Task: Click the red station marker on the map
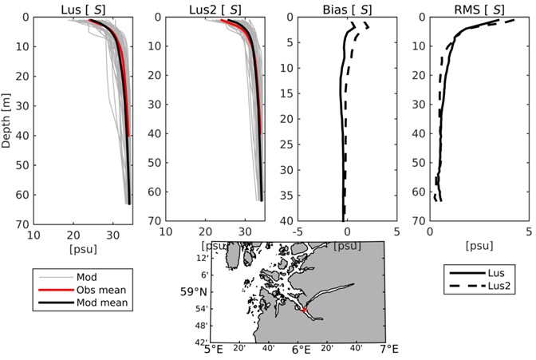[304, 310]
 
